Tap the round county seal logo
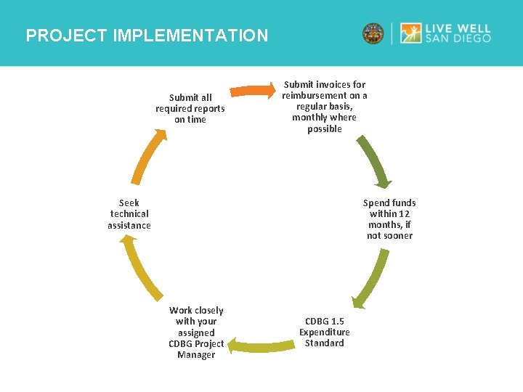pos(373,33)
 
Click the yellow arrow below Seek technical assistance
pos(142,269)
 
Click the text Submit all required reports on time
pos(190,108)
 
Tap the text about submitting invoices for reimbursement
pos(325,107)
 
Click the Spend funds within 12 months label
pos(389,219)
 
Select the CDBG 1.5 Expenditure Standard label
pos(324,332)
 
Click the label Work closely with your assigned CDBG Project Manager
pos(196,332)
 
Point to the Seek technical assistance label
pos(129,213)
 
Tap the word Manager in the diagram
pos(196,355)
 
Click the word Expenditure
pos(324,332)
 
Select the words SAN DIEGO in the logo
pos(463,38)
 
